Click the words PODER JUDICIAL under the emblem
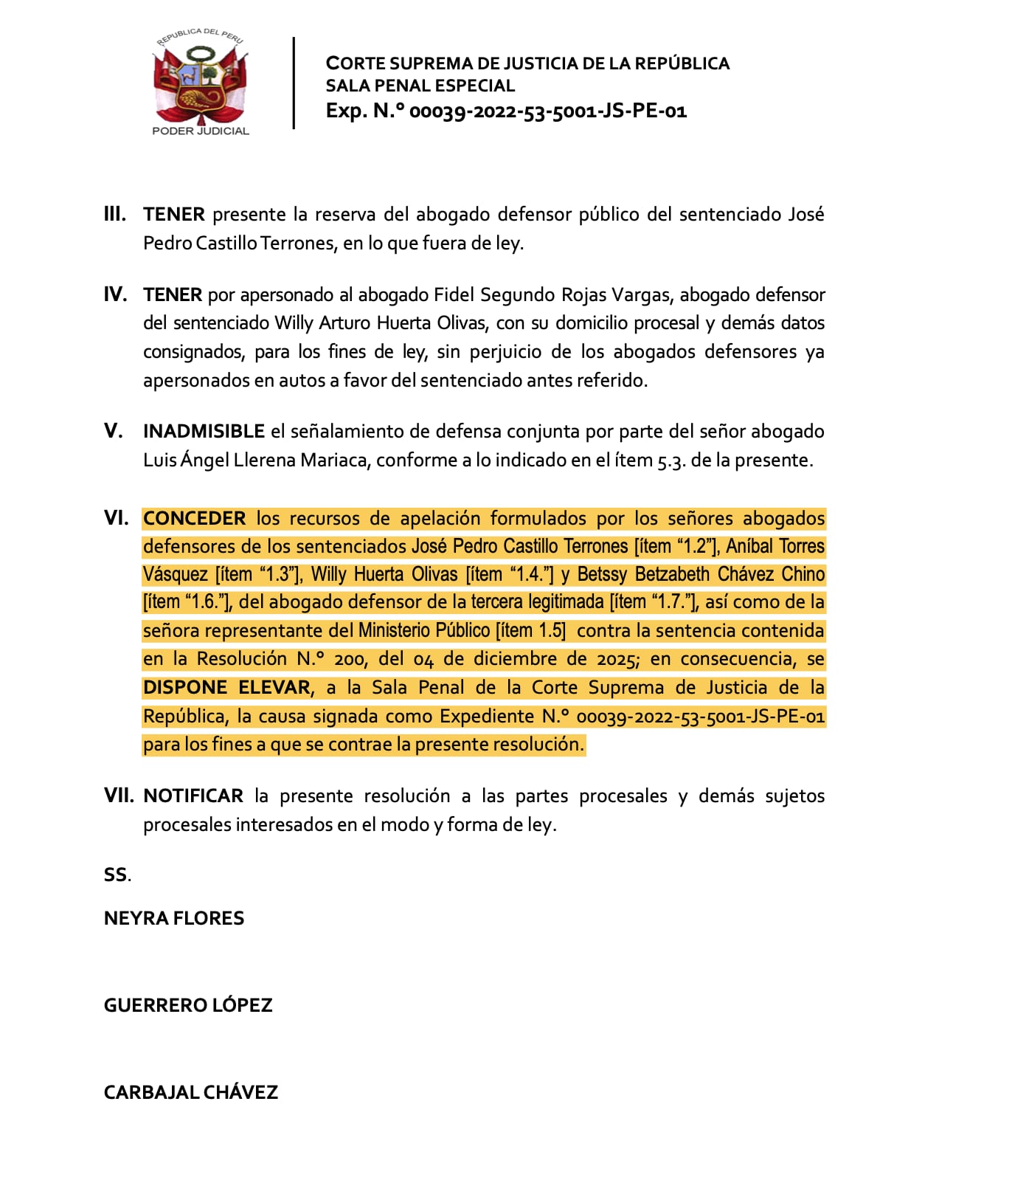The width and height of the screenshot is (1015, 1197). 200,131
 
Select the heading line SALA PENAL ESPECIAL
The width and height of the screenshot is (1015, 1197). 420,86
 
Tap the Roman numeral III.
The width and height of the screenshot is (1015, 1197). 114,215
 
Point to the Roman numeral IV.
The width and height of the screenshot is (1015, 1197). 115,295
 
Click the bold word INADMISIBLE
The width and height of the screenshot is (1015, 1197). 204,432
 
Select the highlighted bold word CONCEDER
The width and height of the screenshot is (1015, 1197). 194,519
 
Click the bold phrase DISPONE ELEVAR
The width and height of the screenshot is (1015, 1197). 226,688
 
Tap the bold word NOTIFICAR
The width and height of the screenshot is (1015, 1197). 193,796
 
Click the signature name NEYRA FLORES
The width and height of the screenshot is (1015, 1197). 174,919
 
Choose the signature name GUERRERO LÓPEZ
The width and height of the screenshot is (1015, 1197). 188,1006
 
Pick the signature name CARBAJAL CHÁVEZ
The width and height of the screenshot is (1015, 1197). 190,1093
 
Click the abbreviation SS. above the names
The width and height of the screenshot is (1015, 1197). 117,875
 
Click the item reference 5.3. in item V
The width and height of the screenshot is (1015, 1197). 672,460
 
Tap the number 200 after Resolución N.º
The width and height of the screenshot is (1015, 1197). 350,659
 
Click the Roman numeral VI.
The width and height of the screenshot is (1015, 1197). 116,518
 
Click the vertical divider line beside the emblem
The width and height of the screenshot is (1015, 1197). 294,83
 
